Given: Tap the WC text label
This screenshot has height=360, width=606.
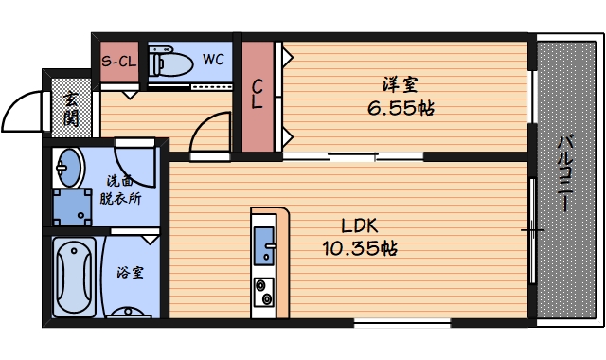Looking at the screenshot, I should pyautogui.click(x=213, y=60).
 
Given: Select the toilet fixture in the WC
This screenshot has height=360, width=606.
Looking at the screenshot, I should pyautogui.click(x=170, y=63).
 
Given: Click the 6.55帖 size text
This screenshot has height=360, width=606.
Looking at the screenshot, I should pyautogui.click(x=401, y=109).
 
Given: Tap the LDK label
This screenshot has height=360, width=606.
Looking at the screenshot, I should pyautogui.click(x=360, y=227).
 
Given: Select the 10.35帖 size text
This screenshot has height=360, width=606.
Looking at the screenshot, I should pyautogui.click(x=359, y=249).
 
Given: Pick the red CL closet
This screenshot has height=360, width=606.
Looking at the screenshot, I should pyautogui.click(x=257, y=95).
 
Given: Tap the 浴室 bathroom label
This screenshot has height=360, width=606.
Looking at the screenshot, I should pyautogui.click(x=130, y=273).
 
